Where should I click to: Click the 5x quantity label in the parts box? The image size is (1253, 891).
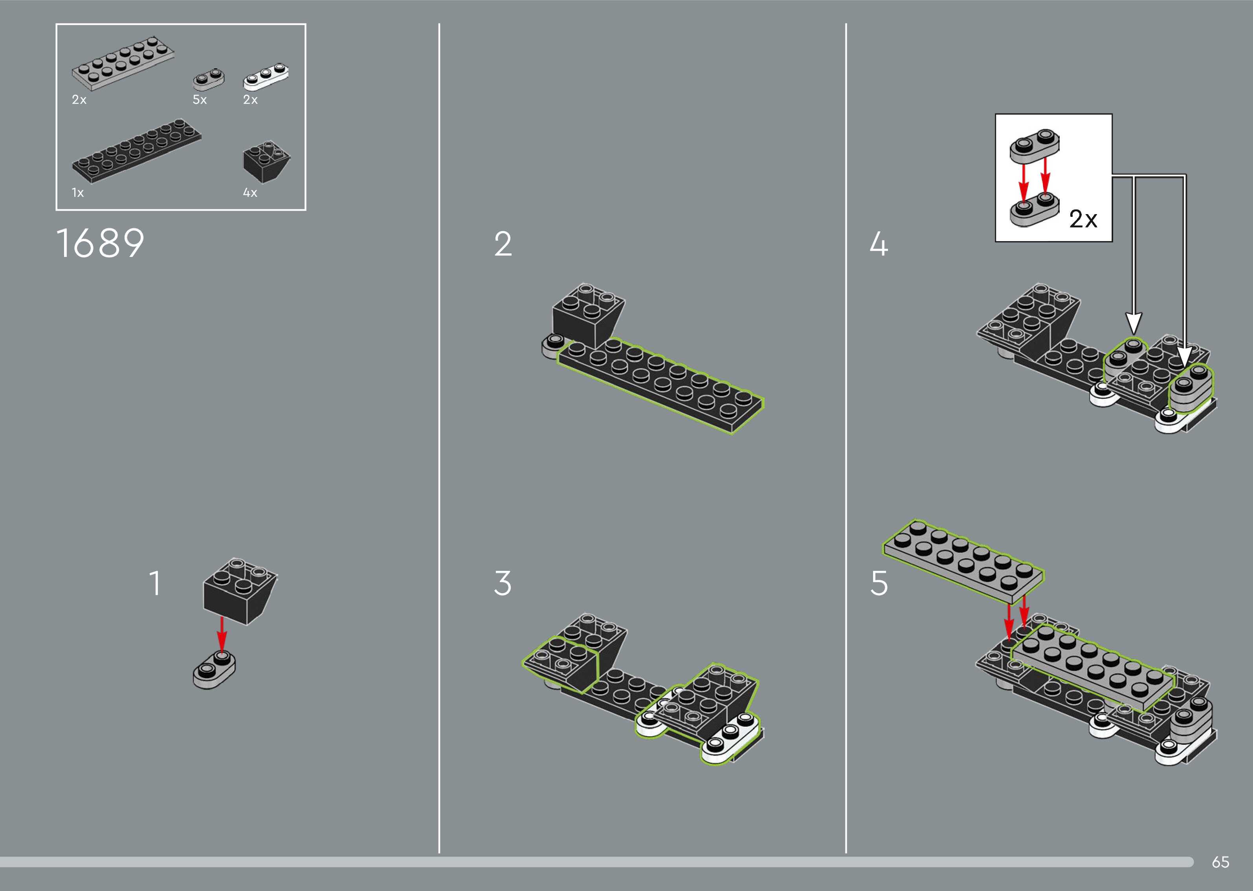200,100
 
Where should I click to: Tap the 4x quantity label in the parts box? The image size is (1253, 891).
250,192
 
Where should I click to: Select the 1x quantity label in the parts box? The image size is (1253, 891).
78,192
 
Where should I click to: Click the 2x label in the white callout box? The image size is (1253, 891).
1083,220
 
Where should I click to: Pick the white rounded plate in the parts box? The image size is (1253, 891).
266,77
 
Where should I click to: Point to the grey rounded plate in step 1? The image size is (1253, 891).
214,671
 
